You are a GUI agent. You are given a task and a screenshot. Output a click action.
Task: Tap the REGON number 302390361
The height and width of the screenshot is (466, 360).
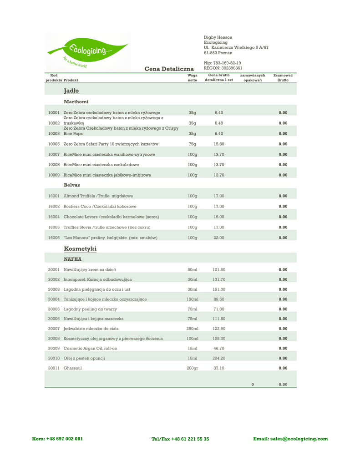[x=223, y=68]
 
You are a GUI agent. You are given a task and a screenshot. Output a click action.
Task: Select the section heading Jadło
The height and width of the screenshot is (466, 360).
[x=71, y=91]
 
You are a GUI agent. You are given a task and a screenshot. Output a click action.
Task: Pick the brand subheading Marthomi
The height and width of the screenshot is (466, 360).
[x=76, y=101]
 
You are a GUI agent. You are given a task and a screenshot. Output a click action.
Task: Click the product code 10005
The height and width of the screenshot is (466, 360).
[x=54, y=144]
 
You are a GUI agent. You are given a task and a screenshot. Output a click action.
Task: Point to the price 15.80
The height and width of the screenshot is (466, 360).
[x=218, y=144]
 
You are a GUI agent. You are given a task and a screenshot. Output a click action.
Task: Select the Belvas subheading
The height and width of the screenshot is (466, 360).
[x=72, y=185]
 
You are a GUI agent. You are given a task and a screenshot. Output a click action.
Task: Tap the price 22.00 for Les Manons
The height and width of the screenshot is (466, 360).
[x=218, y=238]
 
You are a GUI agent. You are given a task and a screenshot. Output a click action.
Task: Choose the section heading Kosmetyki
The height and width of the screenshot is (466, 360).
[x=80, y=249]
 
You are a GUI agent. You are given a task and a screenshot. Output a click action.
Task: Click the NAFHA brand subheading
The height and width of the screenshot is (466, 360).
[x=72, y=259]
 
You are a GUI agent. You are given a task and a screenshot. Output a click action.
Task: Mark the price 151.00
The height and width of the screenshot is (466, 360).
[x=219, y=289]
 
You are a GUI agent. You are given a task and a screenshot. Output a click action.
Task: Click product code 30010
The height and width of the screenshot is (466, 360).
[x=54, y=358]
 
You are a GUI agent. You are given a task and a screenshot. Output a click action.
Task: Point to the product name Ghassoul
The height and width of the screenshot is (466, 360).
[x=73, y=368]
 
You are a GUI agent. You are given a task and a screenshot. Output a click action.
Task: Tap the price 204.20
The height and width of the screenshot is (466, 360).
[x=219, y=358]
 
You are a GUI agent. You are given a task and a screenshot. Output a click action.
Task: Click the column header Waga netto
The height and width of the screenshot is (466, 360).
[x=193, y=77]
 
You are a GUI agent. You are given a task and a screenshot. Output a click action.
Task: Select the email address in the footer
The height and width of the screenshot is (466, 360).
[x=290, y=439]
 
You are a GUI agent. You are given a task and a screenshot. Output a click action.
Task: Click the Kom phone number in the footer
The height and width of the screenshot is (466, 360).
[x=57, y=439]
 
